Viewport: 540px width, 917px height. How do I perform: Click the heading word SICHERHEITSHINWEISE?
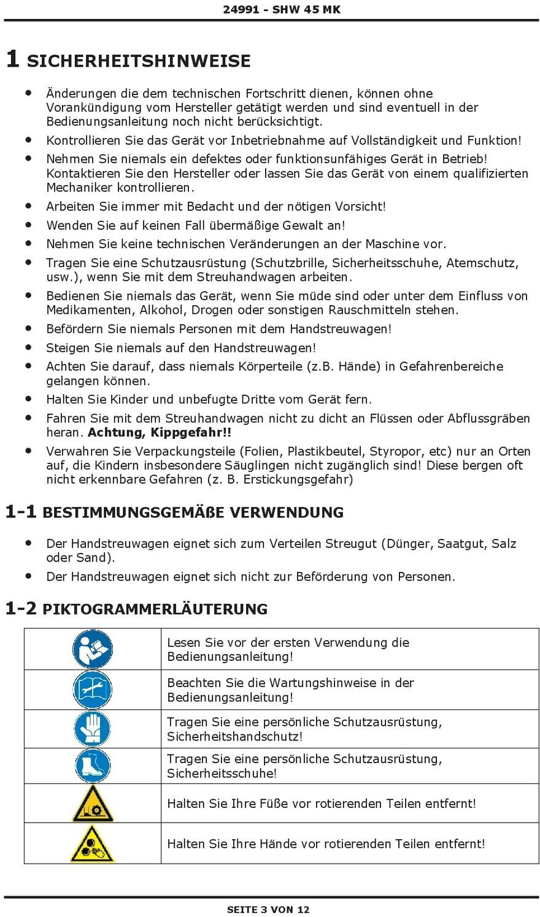(139, 61)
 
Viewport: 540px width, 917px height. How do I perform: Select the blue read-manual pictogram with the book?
(93, 649)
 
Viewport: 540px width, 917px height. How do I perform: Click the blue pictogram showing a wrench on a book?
(93, 690)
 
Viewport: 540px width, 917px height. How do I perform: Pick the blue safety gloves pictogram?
(93, 729)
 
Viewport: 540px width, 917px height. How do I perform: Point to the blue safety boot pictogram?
(93, 766)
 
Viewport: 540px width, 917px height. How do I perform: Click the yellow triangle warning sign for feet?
(93, 804)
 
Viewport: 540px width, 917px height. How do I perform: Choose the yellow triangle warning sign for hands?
(93, 844)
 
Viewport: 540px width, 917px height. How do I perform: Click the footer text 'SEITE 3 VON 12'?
(268, 910)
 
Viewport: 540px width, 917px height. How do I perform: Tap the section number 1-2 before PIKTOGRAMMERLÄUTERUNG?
(21, 609)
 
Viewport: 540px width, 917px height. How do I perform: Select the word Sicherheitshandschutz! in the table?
(234, 737)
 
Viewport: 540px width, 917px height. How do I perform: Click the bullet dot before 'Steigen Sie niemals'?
(28, 347)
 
